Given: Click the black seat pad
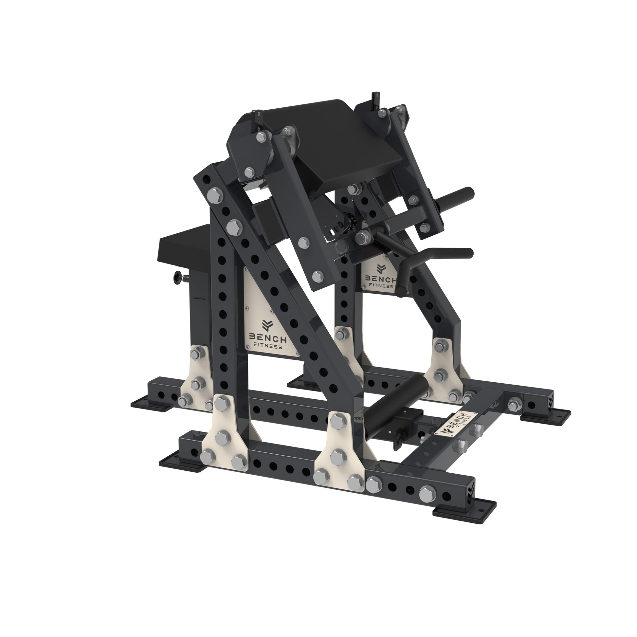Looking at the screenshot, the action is tap(185, 243).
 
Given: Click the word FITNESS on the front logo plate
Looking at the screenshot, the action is tap(267, 347).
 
